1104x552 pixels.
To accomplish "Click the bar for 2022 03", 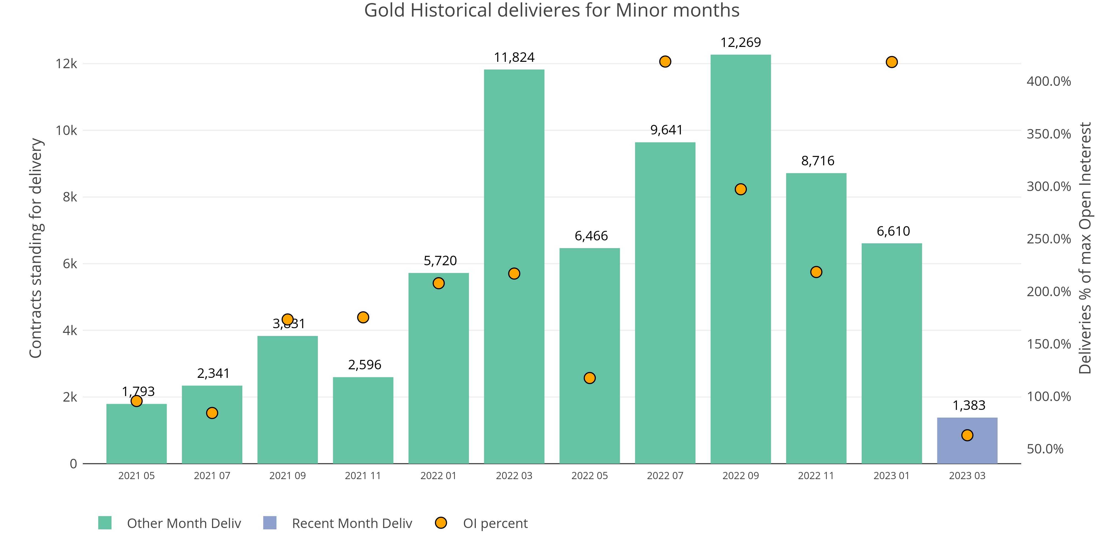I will tap(514, 266).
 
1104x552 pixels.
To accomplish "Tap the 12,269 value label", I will tap(741, 43).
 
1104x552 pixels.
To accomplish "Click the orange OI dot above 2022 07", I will tap(665, 62).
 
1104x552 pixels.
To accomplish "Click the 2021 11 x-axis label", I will tap(363, 476).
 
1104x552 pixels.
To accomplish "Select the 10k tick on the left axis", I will tap(67, 130).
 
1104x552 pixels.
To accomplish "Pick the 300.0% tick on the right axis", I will tap(1048, 186).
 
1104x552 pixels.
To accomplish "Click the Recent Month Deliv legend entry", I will tap(351, 523).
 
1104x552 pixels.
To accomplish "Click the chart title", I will tap(551, 10).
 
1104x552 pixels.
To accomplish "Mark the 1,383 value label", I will tap(968, 405).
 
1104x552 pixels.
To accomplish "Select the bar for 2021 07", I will tap(212, 424).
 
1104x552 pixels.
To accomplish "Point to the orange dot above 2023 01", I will tap(891, 62).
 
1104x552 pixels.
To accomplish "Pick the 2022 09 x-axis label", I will tap(740, 476).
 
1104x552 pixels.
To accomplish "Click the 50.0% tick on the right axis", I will tap(1045, 449).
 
